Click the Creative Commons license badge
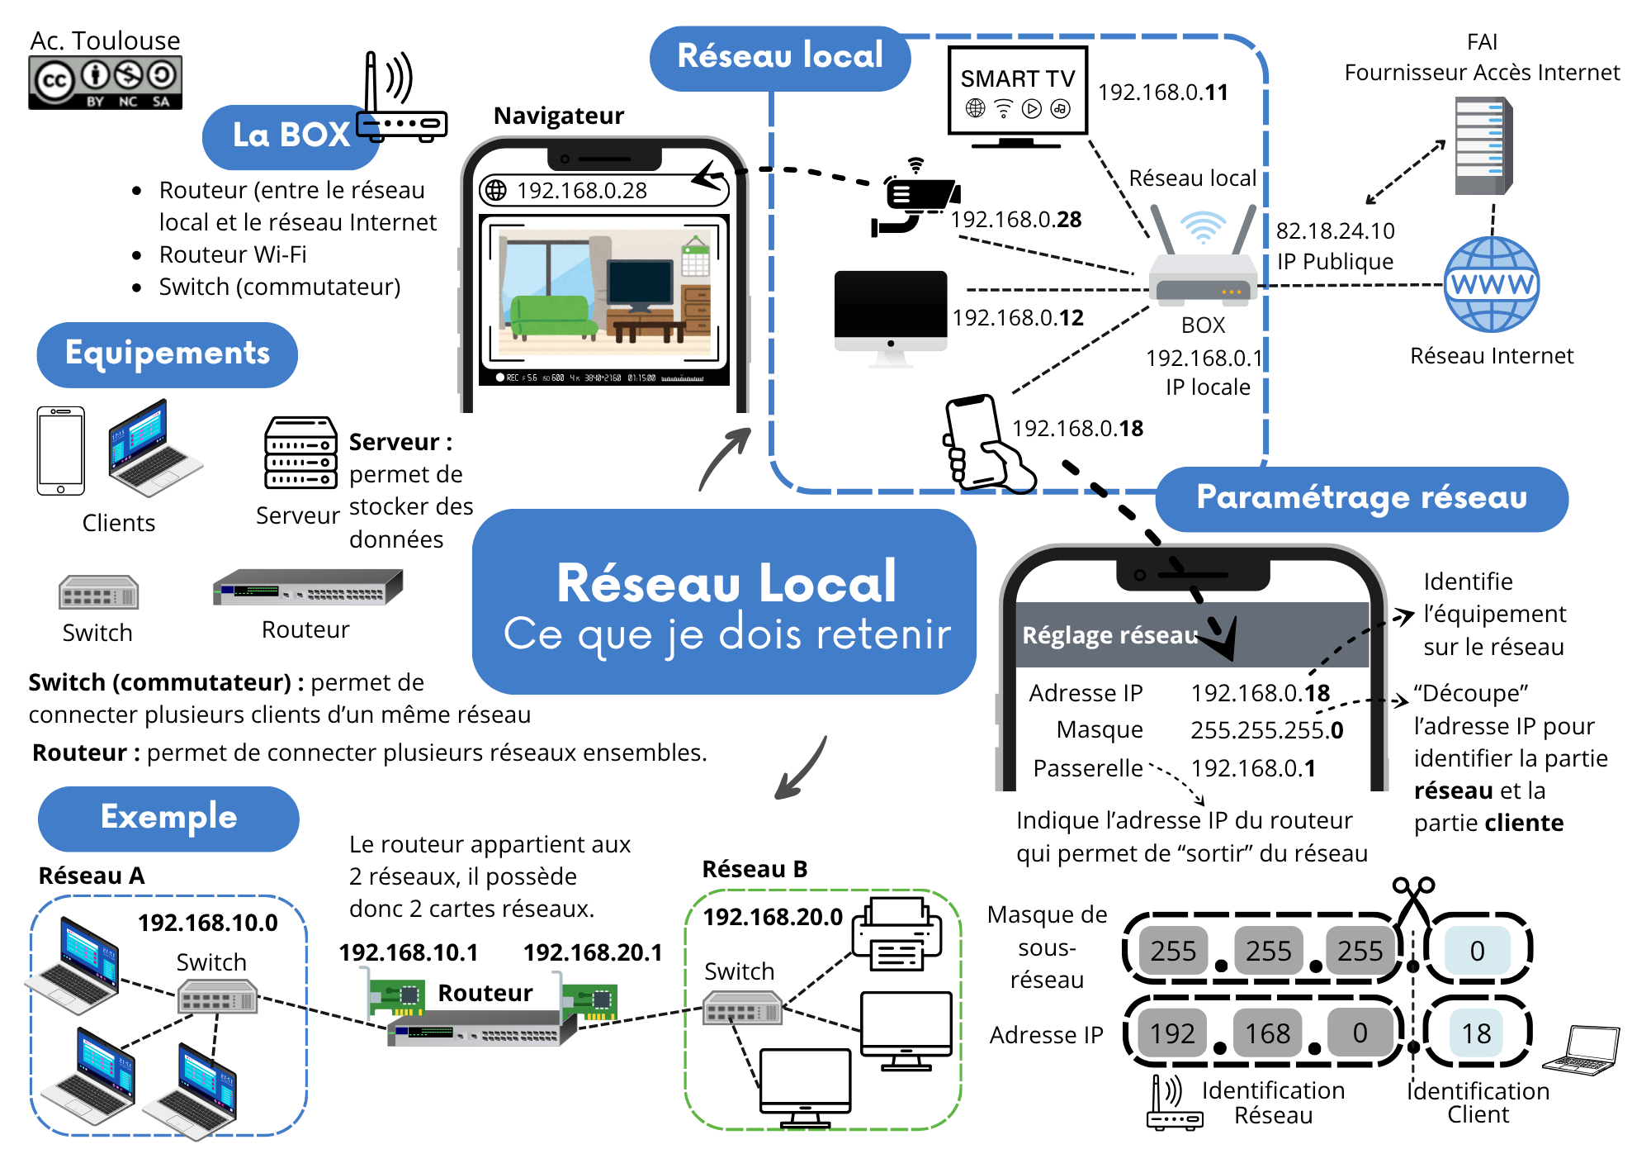click(105, 82)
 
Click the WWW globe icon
click(1491, 284)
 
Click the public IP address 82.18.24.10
click(1335, 230)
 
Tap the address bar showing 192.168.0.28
click(603, 191)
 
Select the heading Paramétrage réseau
click(1361, 498)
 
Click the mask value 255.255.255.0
click(1266, 730)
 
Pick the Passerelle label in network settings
click(1087, 768)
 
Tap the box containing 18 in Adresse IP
click(1477, 1033)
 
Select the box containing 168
click(1267, 1033)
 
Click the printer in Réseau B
click(896, 934)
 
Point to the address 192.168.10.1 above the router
click(409, 952)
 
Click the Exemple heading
click(168, 818)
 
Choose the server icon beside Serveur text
click(300, 453)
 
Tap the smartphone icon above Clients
click(60, 450)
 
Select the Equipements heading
click(168, 354)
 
